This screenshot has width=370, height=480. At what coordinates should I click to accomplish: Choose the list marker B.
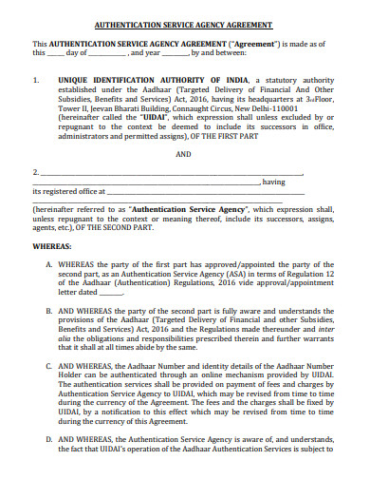pyautogui.click(x=49, y=336)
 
